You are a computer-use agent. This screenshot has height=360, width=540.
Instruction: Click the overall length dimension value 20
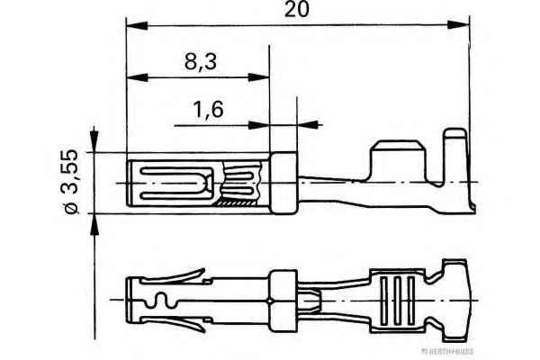[x=298, y=10]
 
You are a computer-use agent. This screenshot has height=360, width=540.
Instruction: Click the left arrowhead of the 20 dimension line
[x=134, y=24]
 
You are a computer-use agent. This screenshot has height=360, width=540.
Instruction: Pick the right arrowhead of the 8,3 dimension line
[x=263, y=77]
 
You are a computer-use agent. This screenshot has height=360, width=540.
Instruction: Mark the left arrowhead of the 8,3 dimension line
[x=134, y=77]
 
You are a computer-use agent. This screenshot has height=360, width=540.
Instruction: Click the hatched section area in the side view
[x=241, y=206]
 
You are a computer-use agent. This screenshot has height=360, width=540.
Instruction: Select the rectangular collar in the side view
[x=282, y=184]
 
